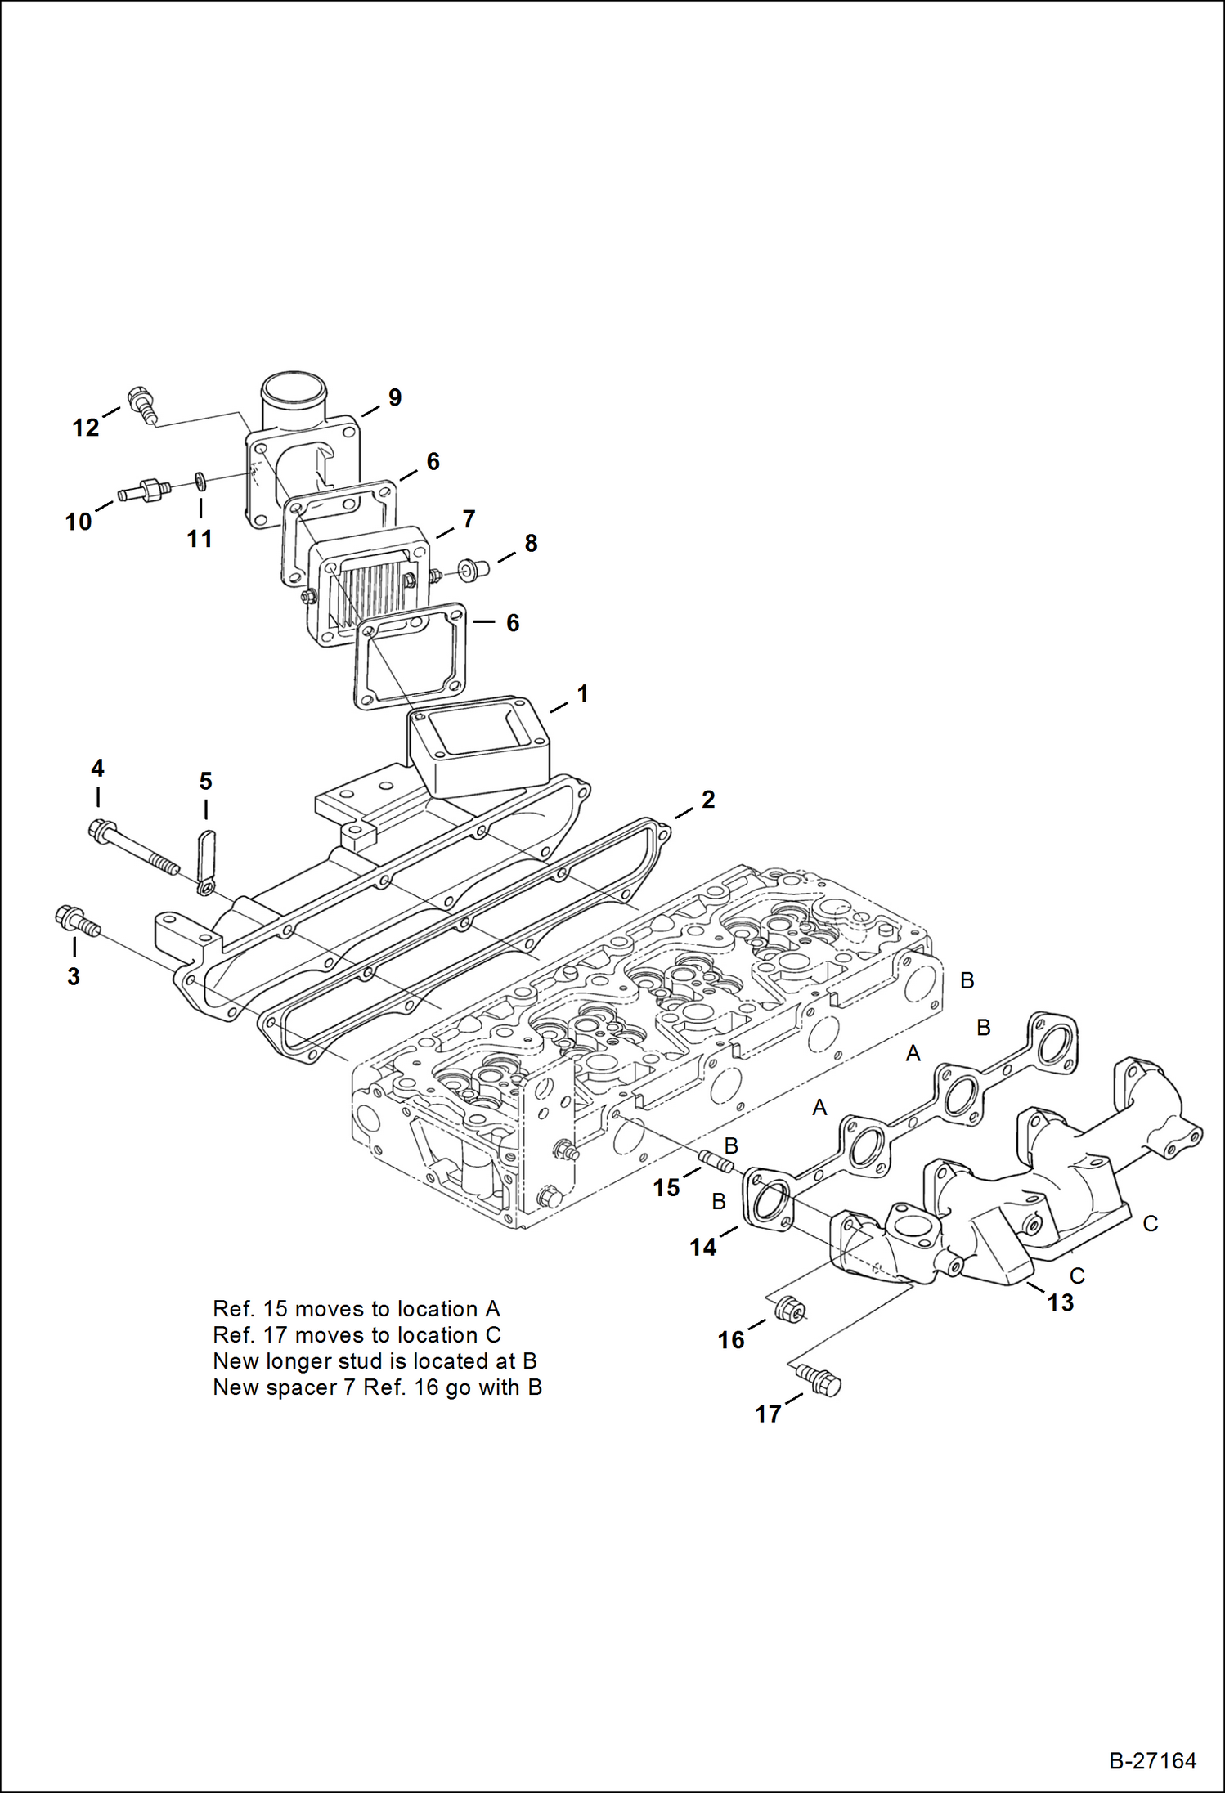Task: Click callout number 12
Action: click(x=85, y=428)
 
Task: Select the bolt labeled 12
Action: click(x=141, y=405)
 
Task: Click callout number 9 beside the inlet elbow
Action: click(x=395, y=398)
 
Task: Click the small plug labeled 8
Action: click(x=471, y=567)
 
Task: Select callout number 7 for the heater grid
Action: click(x=469, y=519)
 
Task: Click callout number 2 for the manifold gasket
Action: click(x=708, y=800)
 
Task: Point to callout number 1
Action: click(x=582, y=694)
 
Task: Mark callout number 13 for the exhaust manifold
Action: click(x=1061, y=1302)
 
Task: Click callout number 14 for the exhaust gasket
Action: click(x=702, y=1248)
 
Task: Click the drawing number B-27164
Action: click(x=1152, y=1760)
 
